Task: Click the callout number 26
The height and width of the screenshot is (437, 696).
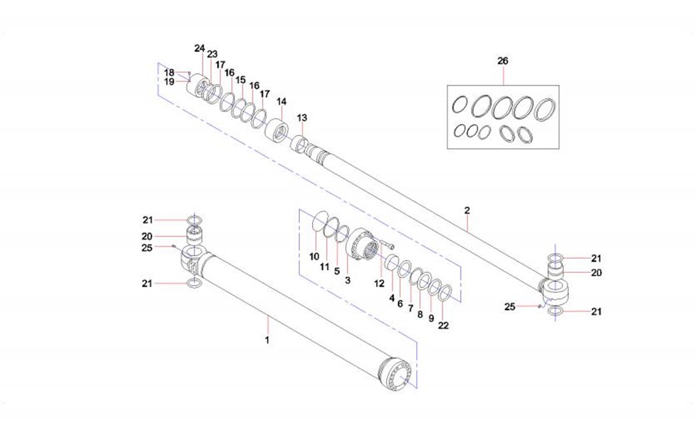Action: (503, 61)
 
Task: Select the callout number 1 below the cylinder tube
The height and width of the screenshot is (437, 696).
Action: (267, 340)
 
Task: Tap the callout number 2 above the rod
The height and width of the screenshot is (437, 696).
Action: (467, 210)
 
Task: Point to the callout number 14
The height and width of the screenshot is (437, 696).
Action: (281, 101)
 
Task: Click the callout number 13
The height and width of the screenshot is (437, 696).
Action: (302, 117)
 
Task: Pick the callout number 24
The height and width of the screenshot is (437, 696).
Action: (199, 48)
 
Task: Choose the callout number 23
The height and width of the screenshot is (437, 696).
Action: (212, 54)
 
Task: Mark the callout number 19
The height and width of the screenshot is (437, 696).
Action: (169, 81)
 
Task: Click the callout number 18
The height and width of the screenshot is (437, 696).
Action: (169, 72)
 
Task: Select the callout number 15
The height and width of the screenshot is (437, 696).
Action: (241, 79)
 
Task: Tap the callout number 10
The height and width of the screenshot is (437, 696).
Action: (314, 256)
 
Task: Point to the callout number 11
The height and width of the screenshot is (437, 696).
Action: (326, 266)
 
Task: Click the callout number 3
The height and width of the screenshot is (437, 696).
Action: (347, 281)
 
